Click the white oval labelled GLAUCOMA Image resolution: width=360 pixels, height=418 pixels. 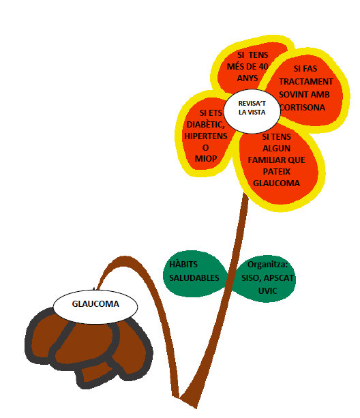click(95, 307)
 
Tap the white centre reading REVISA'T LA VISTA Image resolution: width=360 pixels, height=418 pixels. click(252, 111)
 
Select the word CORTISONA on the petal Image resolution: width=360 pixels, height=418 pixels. click(303, 108)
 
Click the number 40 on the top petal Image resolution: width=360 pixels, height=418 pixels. click(263, 66)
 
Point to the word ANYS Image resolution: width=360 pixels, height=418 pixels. click(247, 78)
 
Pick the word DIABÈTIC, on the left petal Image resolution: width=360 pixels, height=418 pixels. click(206, 125)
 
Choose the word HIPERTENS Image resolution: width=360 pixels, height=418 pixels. click(206, 136)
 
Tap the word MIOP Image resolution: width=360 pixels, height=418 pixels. click(206, 159)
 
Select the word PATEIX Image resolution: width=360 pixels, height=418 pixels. click(277, 171)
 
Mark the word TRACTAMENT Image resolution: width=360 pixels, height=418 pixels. click(306, 82)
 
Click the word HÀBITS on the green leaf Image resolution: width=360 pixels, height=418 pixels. click(183, 264)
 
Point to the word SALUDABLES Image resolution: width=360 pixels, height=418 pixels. click(194, 278)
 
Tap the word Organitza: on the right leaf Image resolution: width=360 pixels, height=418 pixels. click(267, 265)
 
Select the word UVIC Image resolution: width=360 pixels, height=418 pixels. click(267, 290)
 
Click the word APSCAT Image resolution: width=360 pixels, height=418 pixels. click(278, 278)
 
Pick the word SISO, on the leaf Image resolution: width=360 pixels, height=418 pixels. click(252, 278)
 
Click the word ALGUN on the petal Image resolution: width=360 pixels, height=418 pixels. click(277, 148)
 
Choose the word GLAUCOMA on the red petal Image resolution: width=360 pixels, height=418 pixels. click(277, 183)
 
